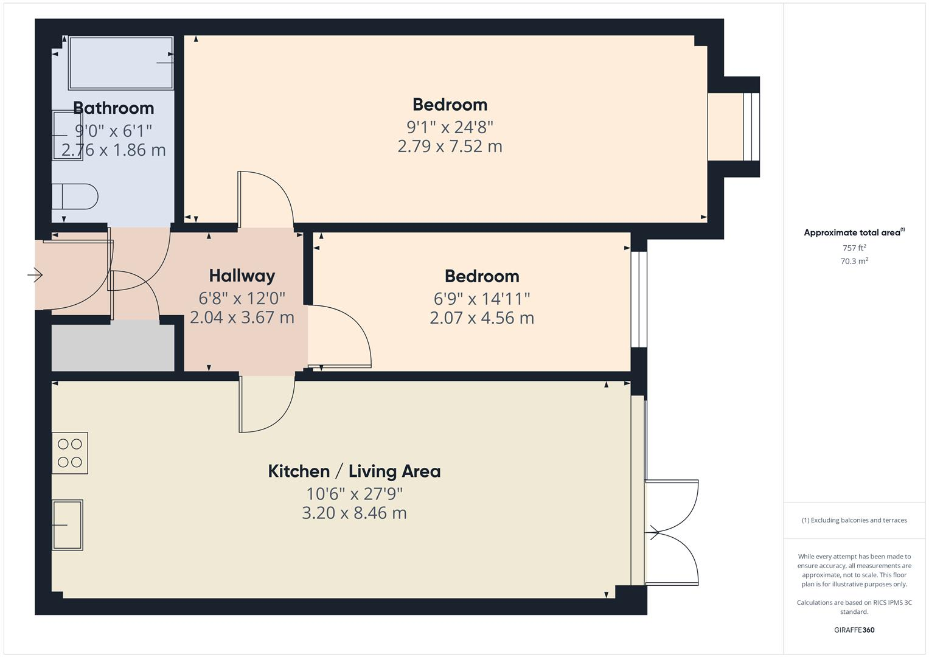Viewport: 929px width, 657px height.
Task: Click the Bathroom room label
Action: coord(113,108)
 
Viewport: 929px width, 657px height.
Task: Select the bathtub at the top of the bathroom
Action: coord(120,63)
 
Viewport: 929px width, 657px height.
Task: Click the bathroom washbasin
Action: coord(67,135)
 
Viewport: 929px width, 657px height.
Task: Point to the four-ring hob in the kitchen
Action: coord(70,453)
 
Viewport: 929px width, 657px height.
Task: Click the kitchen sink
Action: coord(67,524)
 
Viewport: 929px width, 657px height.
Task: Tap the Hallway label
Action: coord(242,276)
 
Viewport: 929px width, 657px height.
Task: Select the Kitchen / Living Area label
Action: coord(354,471)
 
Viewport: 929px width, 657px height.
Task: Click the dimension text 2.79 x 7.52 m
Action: coord(450,147)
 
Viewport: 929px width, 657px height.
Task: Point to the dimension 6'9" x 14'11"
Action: coord(481,299)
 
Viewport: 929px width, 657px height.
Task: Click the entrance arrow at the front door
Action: coord(35,276)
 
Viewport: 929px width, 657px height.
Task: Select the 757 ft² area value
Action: coord(854,248)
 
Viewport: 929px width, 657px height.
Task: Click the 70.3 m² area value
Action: coord(854,262)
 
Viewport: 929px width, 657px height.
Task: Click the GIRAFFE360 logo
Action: coord(854,630)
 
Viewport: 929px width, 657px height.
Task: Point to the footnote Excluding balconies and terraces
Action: coord(854,520)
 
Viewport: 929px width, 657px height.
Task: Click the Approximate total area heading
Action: coord(853,232)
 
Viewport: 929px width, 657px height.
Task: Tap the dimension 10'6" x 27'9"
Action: coord(354,493)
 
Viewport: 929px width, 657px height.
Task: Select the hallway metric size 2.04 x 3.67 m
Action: coord(242,318)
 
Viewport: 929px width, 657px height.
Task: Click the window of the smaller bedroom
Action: coord(639,299)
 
